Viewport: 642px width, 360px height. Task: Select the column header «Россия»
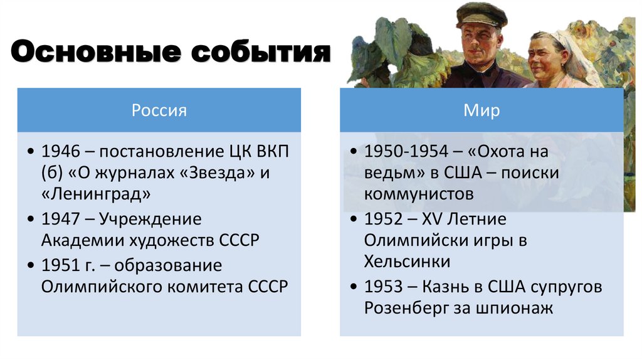tap(159, 110)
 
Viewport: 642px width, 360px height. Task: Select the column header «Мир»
tap(481, 110)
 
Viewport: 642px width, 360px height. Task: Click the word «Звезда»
tap(216, 173)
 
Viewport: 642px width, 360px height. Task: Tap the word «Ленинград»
tap(96, 194)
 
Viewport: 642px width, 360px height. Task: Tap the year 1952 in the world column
tap(382, 220)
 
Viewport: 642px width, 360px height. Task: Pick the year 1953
tap(382, 287)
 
